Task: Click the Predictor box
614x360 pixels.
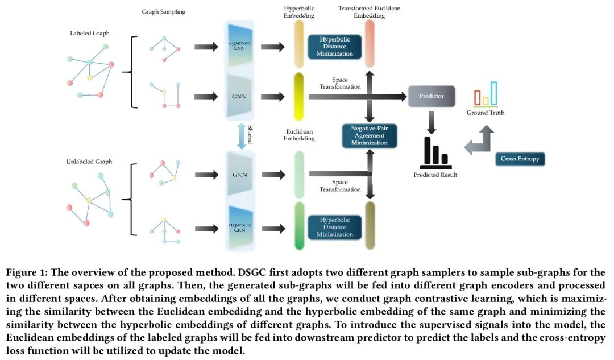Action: [x=432, y=96]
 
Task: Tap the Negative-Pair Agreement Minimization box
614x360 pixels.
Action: [x=369, y=135]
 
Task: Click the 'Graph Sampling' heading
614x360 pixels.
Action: [x=164, y=11]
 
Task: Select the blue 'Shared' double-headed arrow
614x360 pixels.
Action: [x=241, y=136]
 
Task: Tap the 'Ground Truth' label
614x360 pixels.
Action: [x=485, y=113]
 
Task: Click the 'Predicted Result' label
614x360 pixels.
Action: [x=435, y=175]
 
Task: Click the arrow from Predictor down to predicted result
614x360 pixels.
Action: [x=432, y=119]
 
